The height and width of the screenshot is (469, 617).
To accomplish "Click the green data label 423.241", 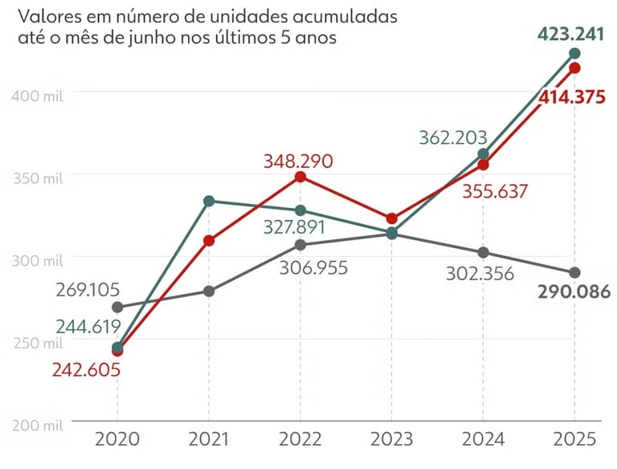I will coord(565,34).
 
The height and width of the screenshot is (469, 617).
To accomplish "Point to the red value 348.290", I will coord(298,160).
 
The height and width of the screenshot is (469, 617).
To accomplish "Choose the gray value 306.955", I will coord(313,267).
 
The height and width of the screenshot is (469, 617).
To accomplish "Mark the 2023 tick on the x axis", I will coord(391,439).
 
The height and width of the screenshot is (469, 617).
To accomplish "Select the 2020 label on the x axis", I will coord(117,439).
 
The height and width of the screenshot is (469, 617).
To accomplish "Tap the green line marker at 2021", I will coord(209,201).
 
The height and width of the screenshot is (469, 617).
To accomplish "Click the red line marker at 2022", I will coord(300,177).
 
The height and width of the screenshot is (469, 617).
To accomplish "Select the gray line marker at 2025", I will coord(574,273).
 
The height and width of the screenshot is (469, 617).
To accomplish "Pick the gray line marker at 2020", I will coord(117,307).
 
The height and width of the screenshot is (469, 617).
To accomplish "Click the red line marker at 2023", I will coord(391,218).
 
